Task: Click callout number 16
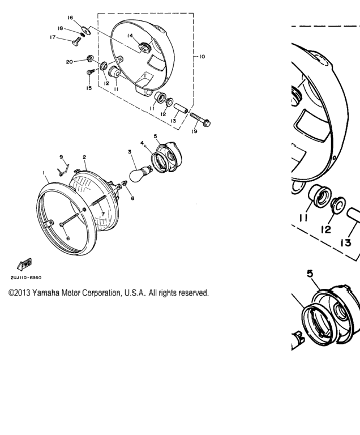(70, 18)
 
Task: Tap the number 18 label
(60, 28)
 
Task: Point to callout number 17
(53, 37)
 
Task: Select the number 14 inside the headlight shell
(130, 36)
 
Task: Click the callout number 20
(69, 62)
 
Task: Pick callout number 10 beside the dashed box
(202, 57)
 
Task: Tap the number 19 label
(194, 131)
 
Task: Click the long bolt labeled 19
(200, 119)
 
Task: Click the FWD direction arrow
(25, 264)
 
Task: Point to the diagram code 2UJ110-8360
(26, 278)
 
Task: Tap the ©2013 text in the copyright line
(19, 293)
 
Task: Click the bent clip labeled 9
(63, 169)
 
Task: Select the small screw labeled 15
(91, 72)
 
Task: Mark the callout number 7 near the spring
(103, 214)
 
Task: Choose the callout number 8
(132, 198)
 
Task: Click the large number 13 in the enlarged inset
(346, 243)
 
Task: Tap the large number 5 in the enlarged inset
(310, 274)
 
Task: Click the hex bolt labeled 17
(76, 41)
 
